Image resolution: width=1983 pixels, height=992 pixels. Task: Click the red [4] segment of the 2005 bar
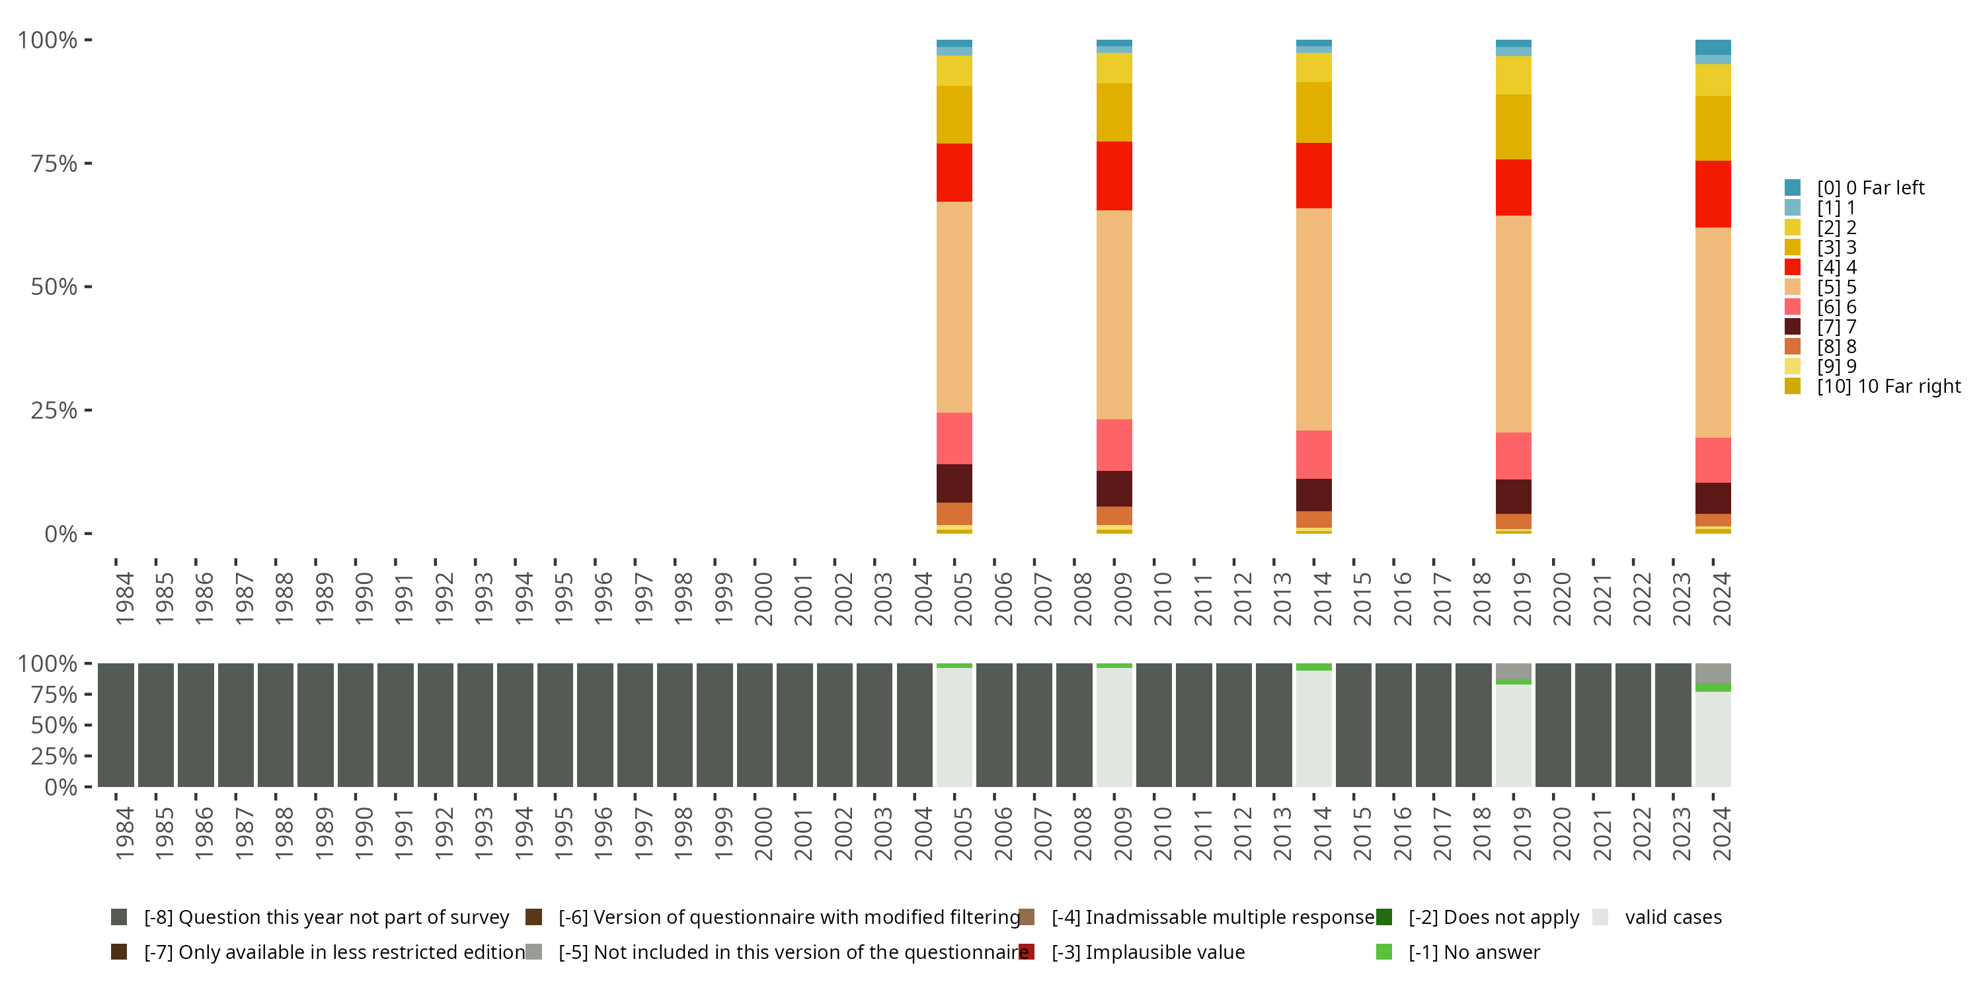(x=954, y=173)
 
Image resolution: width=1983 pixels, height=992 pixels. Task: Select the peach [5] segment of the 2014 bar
(x=1313, y=319)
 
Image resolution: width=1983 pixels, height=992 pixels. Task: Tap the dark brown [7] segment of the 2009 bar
(x=1114, y=488)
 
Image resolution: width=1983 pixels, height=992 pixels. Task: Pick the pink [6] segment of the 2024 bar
(x=1713, y=460)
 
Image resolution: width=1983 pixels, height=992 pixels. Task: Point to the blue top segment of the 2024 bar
(x=1713, y=47)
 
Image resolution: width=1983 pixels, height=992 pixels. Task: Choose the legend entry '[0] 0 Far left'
(x=1870, y=188)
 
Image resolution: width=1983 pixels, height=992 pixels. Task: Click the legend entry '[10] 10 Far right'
(x=1888, y=386)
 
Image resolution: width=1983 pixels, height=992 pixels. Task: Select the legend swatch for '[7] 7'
(x=1793, y=327)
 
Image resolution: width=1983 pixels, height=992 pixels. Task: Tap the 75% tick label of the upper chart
(x=54, y=163)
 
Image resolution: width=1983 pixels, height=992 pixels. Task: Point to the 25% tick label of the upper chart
(x=54, y=411)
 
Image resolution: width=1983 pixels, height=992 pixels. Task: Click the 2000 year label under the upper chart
(x=763, y=599)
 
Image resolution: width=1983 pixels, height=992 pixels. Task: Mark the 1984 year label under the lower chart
(x=124, y=833)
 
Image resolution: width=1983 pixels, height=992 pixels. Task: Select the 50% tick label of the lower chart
(x=54, y=725)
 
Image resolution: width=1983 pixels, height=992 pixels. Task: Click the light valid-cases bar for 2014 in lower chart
(x=1313, y=729)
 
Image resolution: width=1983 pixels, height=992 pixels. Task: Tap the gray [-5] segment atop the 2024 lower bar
(x=1713, y=673)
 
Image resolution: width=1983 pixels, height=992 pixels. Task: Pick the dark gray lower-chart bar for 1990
(x=356, y=725)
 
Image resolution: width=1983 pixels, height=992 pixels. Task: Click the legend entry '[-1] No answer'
(x=1473, y=952)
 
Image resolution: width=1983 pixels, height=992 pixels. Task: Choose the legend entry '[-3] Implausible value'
(x=1165, y=952)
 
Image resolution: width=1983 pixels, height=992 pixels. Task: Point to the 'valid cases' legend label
(x=1673, y=917)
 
